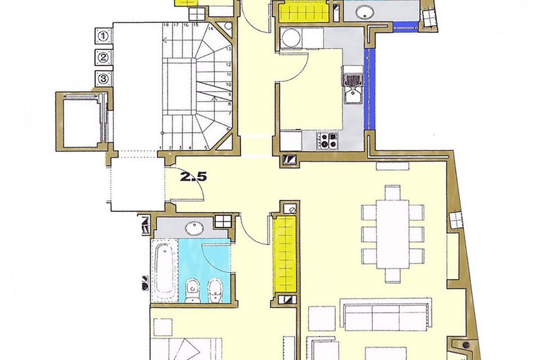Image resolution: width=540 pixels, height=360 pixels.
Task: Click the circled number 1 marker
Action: [104, 36]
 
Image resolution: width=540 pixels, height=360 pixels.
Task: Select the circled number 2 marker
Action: [104, 57]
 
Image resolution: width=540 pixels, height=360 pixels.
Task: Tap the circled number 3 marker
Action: [104, 79]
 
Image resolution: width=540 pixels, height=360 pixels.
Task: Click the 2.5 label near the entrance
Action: [193, 177]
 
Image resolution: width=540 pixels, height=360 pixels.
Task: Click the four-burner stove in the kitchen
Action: [328, 140]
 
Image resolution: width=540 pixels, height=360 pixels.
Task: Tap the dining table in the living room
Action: [393, 234]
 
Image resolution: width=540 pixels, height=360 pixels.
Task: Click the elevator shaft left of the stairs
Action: [81, 120]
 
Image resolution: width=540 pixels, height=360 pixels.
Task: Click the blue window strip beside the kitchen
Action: [369, 88]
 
